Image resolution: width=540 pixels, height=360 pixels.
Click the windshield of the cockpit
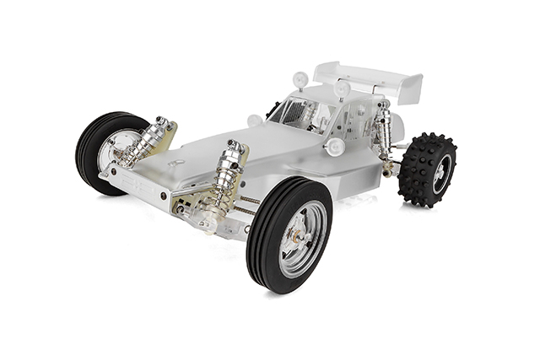point(294,113)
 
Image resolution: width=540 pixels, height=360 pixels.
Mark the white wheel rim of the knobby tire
point(440,174)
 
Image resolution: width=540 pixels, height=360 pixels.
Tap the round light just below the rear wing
point(342,88)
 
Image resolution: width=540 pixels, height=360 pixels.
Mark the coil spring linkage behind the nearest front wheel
point(250,202)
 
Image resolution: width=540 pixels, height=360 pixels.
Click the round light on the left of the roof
point(300,80)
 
